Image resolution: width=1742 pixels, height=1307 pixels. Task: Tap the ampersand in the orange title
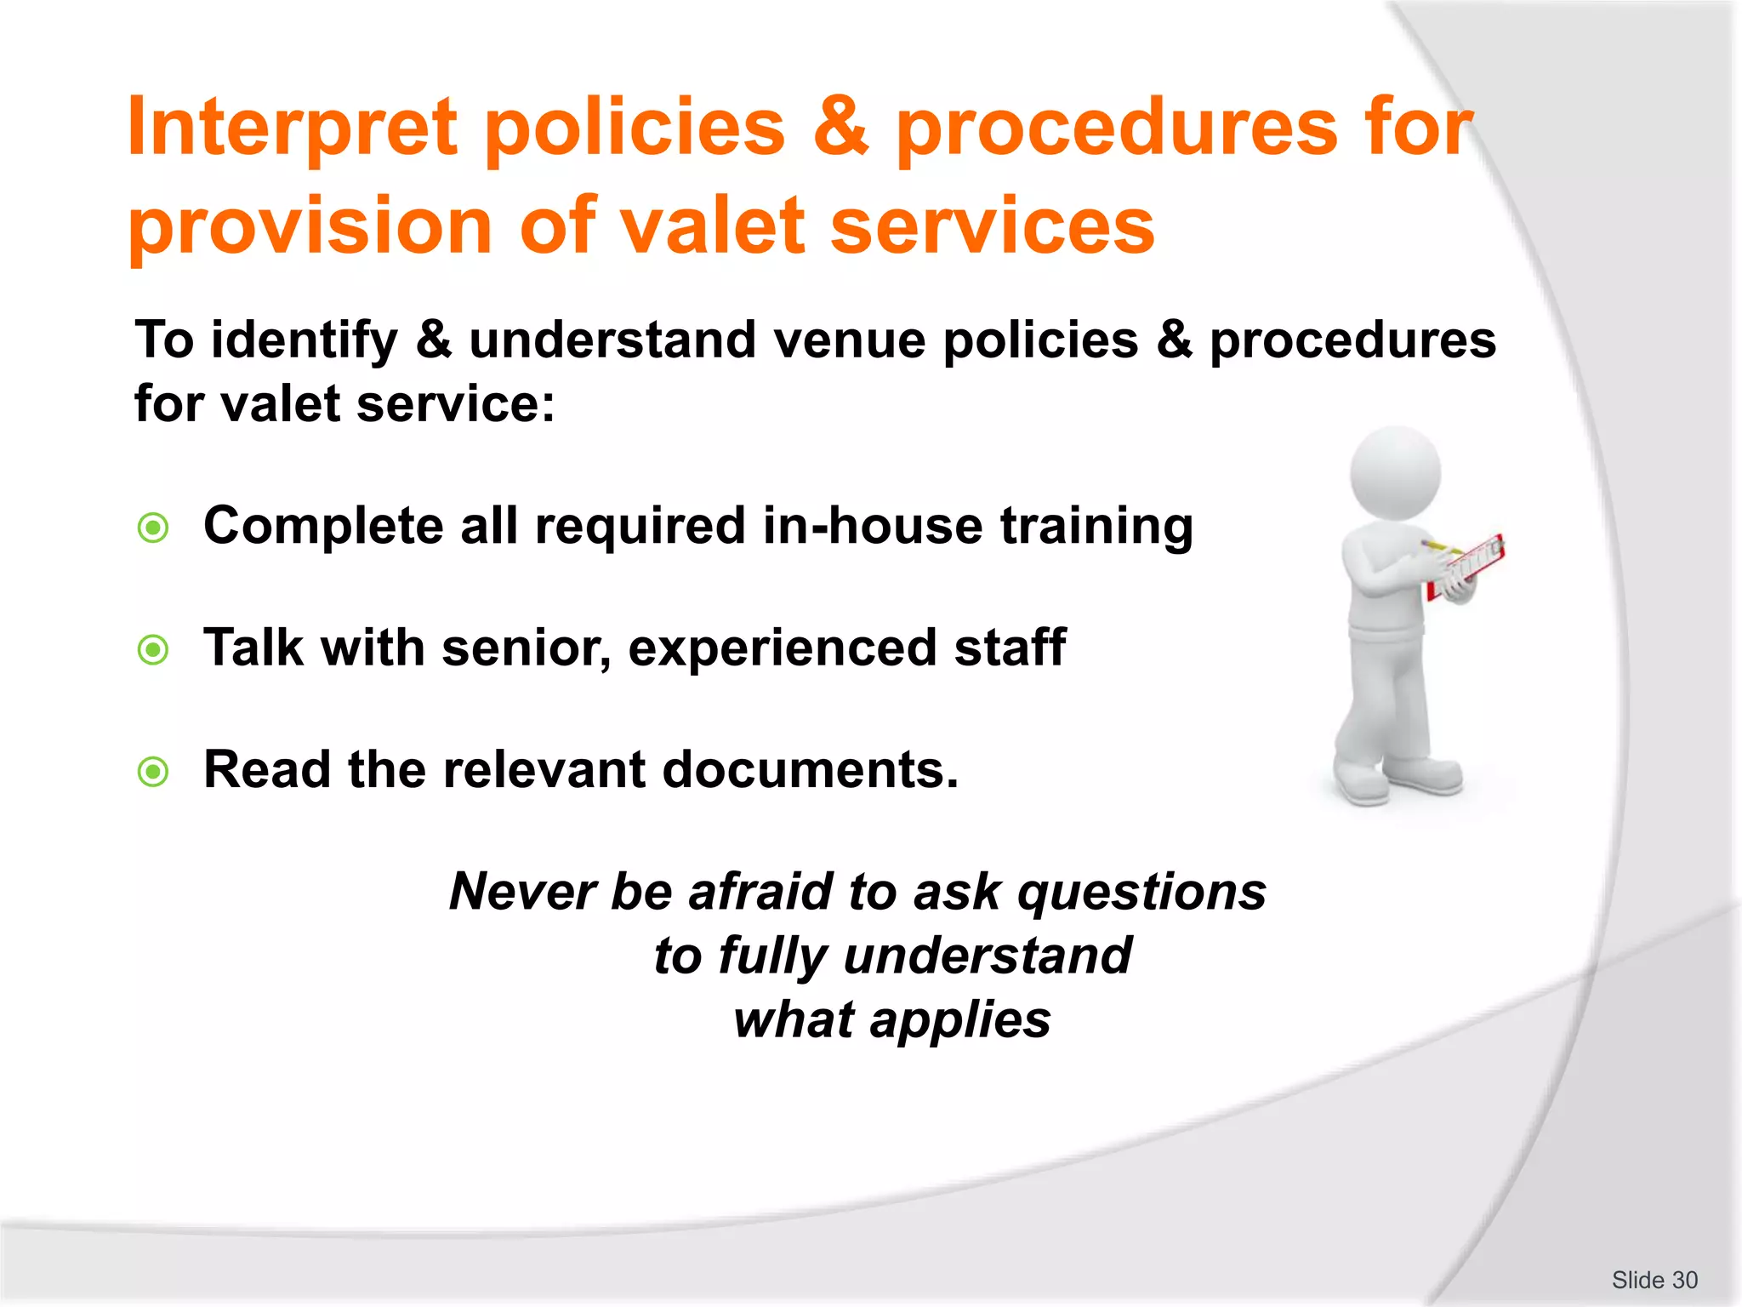coord(840,128)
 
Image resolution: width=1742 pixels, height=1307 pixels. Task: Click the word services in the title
coord(992,225)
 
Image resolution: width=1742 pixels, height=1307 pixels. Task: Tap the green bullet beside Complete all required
coord(153,528)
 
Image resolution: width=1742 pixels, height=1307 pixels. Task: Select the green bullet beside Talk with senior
coord(153,651)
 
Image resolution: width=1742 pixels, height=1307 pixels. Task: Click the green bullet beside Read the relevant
coord(153,773)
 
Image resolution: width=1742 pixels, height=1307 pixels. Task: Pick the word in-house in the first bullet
coord(872,526)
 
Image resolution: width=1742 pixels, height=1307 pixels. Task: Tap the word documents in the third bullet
coord(810,770)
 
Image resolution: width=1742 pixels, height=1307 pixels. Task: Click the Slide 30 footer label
coord(1654,1280)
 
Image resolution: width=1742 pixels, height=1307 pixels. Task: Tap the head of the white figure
coord(1395,473)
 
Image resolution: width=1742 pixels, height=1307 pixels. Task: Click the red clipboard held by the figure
coord(1466,567)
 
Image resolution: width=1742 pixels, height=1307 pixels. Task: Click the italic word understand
coord(987,956)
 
